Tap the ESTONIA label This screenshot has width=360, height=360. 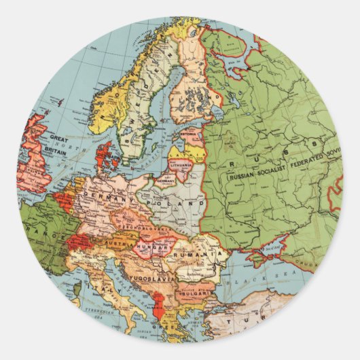point(187,134)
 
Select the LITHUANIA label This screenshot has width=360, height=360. point(181,164)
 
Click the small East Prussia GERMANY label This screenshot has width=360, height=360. point(165,181)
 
